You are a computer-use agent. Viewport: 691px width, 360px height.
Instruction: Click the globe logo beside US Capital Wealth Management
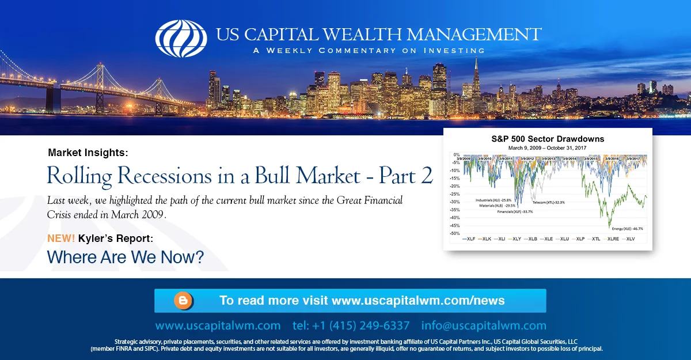click(181, 38)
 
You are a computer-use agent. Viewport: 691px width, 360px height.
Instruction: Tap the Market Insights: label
click(88, 153)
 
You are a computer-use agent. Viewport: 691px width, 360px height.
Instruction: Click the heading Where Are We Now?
click(125, 257)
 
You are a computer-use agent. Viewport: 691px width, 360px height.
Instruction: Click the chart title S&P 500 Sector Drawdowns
click(547, 139)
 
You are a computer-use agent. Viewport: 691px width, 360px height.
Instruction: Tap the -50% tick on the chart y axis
click(454, 233)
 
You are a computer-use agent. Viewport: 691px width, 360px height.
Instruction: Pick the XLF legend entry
click(470, 238)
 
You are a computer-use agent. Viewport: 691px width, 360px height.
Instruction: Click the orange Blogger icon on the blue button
click(183, 301)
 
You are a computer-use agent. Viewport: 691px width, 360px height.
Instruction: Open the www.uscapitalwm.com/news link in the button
click(418, 301)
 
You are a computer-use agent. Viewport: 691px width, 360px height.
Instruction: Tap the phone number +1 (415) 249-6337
click(351, 325)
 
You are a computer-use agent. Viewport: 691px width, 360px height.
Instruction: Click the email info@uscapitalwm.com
click(484, 325)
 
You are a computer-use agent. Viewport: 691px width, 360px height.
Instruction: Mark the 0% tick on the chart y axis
click(456, 155)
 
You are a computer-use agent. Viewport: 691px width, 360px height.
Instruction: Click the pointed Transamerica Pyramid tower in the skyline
click(477, 75)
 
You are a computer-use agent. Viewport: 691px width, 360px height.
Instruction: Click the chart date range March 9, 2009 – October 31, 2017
click(547, 147)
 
